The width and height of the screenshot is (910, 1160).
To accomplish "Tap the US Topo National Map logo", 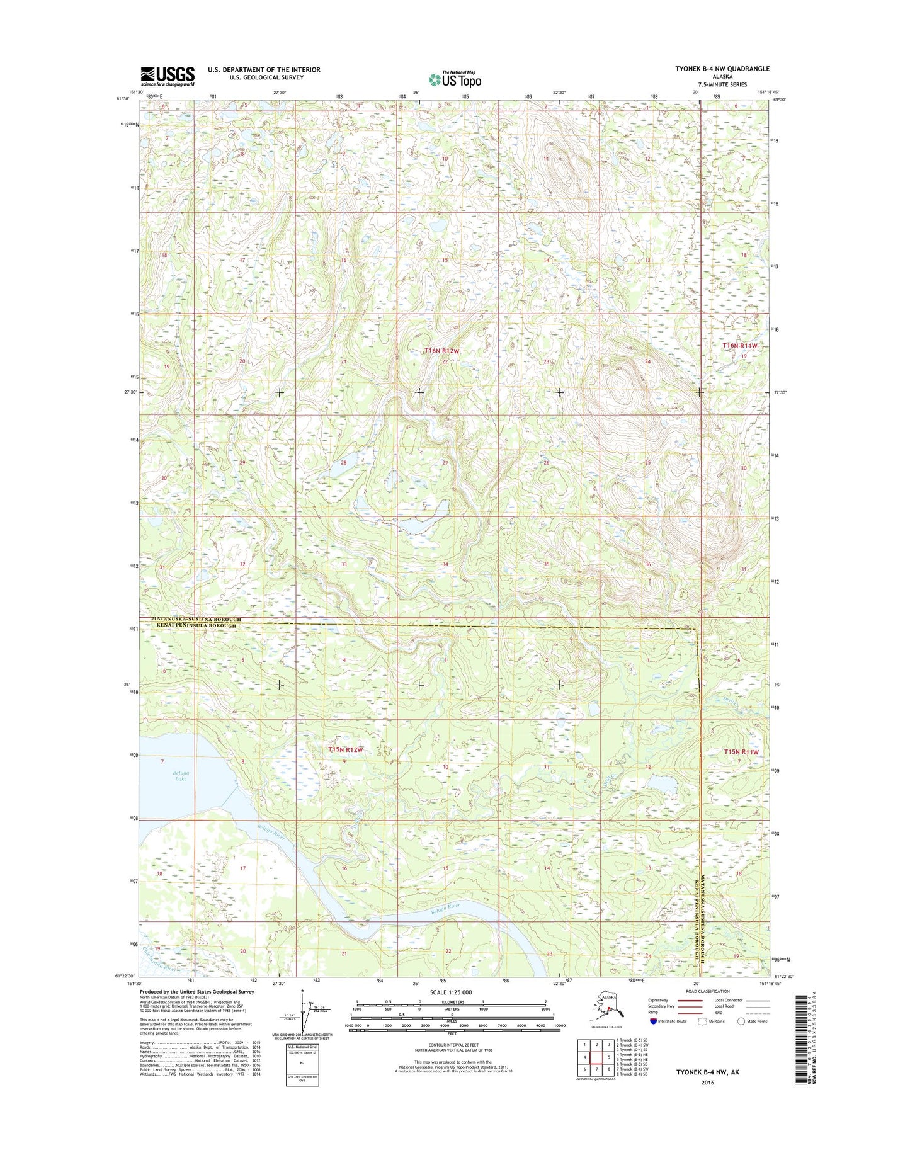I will [x=455, y=79].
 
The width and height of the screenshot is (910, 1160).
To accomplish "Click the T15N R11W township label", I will [x=741, y=752].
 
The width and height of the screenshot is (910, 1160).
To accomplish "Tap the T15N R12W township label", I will [x=346, y=749].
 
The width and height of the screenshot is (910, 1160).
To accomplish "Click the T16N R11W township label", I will [x=739, y=346].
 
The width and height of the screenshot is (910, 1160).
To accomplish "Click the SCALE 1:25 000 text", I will [x=452, y=992].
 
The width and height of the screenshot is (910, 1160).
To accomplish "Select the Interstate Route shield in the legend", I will [x=653, y=1021].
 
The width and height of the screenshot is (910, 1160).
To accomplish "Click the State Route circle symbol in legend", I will [x=741, y=1021].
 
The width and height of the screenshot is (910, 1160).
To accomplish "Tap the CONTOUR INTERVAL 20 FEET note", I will [x=452, y=1045].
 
